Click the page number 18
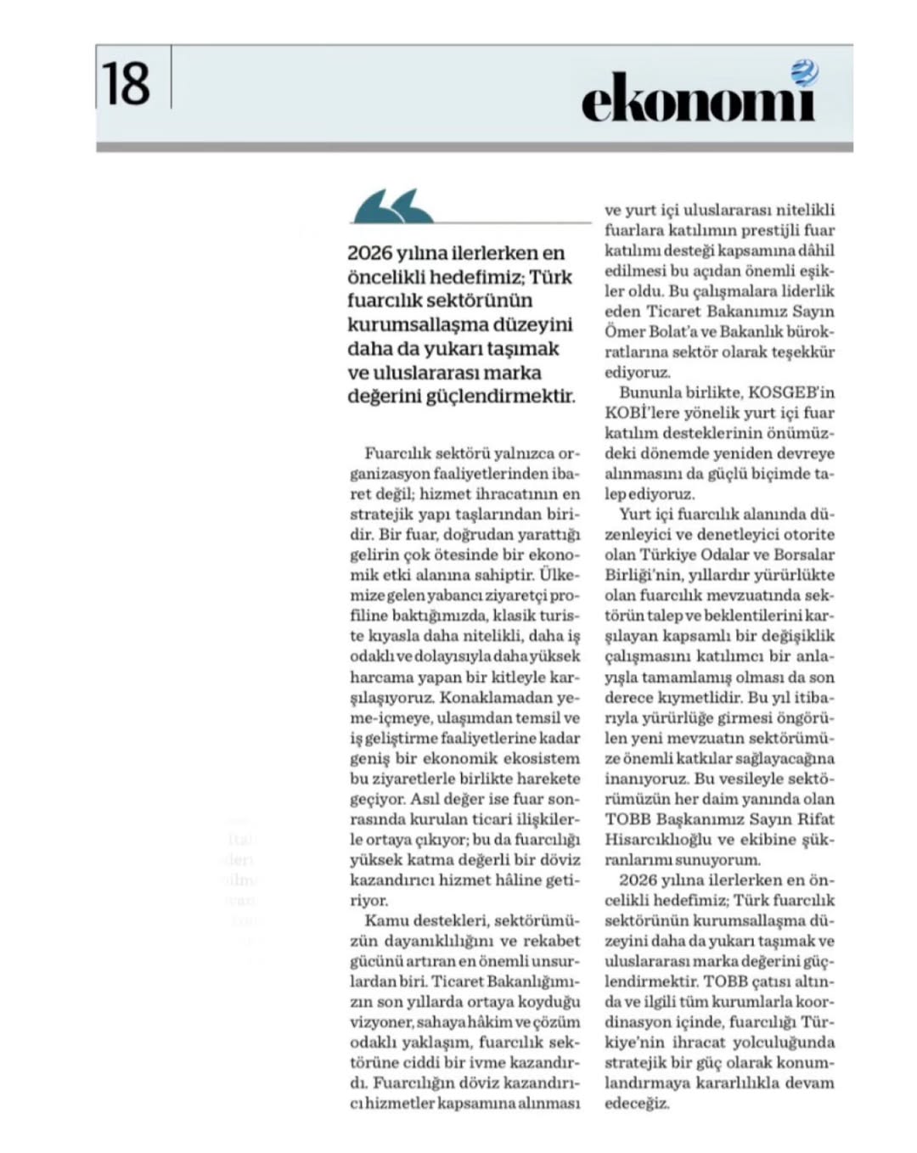pyautogui.click(x=127, y=84)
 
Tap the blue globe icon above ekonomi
pyautogui.click(x=803, y=74)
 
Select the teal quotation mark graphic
pyautogui.click(x=392, y=206)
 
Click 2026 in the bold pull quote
pyautogui.click(x=369, y=253)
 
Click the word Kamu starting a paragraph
pyautogui.click(x=385, y=921)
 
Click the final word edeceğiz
pyautogui.click(x=636, y=1104)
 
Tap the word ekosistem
pyautogui.click(x=543, y=759)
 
